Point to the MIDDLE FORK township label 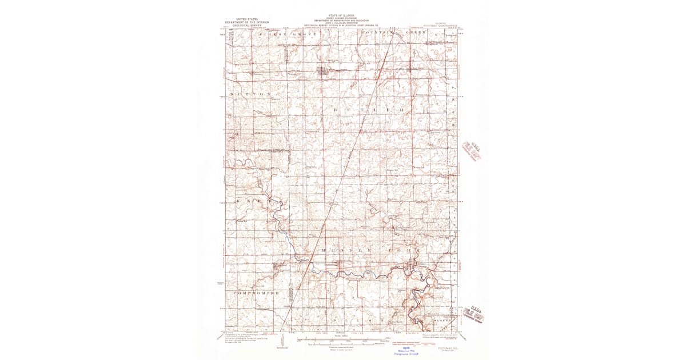click(x=366, y=251)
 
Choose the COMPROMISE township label click(x=256, y=293)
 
